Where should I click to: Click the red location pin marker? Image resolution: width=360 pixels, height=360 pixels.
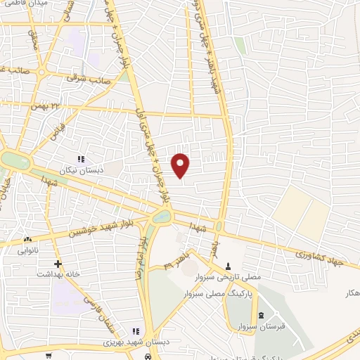pyautogui.click(x=181, y=166)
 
